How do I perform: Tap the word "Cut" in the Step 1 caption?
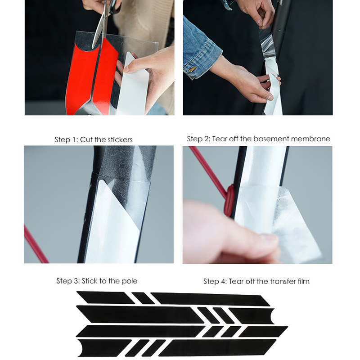tap(86, 139)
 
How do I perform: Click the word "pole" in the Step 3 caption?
tap(130, 281)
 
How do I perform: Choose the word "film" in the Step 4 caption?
tap(303, 281)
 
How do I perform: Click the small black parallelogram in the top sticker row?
tap(143, 298)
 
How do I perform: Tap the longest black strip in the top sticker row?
tap(210, 299)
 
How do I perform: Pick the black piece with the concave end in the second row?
tap(252, 316)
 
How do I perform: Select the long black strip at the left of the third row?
tap(140, 331)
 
